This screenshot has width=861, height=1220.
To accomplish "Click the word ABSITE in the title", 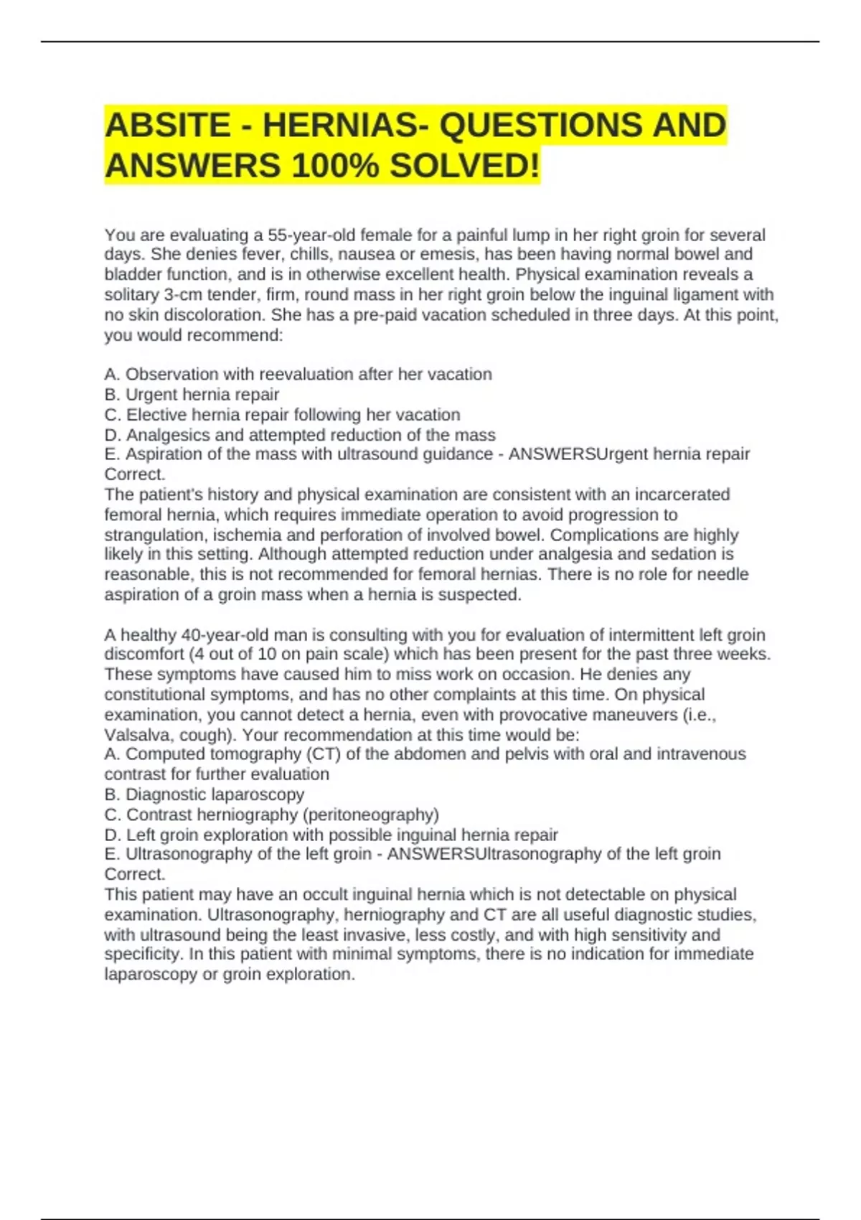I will point(168,126).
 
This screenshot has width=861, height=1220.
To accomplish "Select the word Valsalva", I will point(133,736).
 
